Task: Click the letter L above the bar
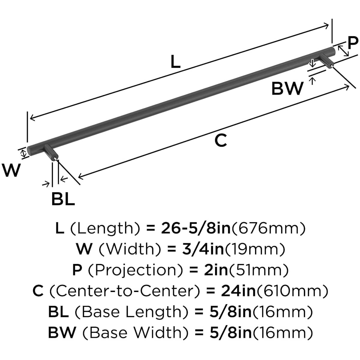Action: point(175,62)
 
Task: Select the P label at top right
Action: point(353,42)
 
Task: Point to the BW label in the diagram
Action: point(287,88)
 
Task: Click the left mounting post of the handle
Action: point(51,153)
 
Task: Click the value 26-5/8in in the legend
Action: point(196,229)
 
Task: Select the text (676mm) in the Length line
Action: point(268,229)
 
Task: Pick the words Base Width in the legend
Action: point(132,333)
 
